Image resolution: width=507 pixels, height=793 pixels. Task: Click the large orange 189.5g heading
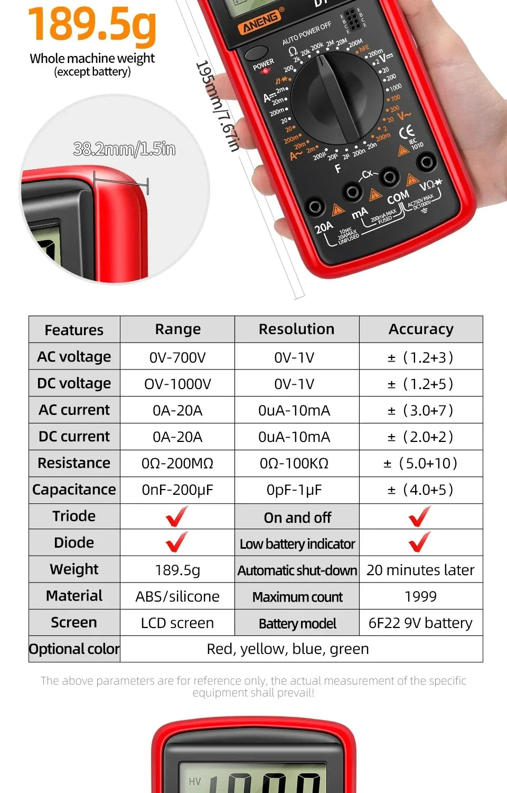coord(92,24)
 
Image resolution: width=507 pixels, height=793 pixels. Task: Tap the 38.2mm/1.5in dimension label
coord(124,149)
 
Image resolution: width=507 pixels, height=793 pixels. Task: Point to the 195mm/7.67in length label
coord(218,106)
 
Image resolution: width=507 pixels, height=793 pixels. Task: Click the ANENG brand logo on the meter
coord(260,22)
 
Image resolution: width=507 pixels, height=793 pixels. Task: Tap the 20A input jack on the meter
coord(316,206)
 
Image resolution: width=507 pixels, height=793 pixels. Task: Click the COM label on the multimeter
coord(398,197)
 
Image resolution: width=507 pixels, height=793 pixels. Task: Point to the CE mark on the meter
coord(407,132)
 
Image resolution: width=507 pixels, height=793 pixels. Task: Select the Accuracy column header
coord(421,329)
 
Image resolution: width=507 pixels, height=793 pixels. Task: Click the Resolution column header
coord(296,329)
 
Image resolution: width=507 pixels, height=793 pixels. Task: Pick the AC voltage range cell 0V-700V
coord(177,357)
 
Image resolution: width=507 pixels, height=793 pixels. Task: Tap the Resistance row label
coord(74,463)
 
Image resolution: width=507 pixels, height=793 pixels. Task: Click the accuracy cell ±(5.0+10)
coord(421,464)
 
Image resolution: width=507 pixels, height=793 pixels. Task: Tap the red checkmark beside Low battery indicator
coord(419,542)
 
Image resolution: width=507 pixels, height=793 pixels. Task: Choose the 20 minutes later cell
coord(420,570)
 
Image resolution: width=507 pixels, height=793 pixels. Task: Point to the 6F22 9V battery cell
coord(420,623)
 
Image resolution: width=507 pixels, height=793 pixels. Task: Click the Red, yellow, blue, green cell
coord(288,649)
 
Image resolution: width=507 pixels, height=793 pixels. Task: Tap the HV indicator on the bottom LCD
coord(195,781)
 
